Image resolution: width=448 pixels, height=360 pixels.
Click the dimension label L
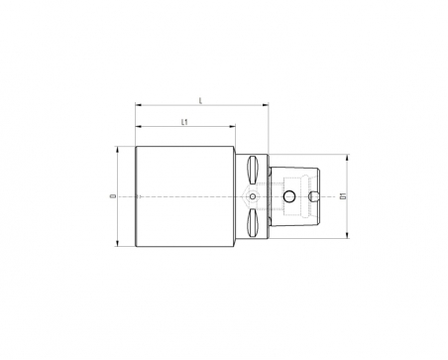pyautogui.click(x=200, y=101)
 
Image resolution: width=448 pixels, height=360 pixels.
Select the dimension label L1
pyautogui.click(x=184, y=122)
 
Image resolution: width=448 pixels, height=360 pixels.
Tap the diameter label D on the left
pyautogui.click(x=114, y=196)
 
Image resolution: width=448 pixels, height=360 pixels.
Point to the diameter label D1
pyautogui.click(x=343, y=196)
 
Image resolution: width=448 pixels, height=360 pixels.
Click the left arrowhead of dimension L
pyautogui.click(x=139, y=105)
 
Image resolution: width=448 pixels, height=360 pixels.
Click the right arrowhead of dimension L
pyautogui.click(x=266, y=105)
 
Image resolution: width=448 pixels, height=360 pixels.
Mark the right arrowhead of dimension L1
pyautogui.click(x=233, y=126)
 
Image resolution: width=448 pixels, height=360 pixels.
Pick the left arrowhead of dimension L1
pyautogui.click(x=139, y=126)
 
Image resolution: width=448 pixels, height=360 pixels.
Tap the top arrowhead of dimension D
pyautogui.click(x=117, y=150)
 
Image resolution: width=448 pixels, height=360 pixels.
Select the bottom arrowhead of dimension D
pyautogui.click(x=117, y=243)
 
